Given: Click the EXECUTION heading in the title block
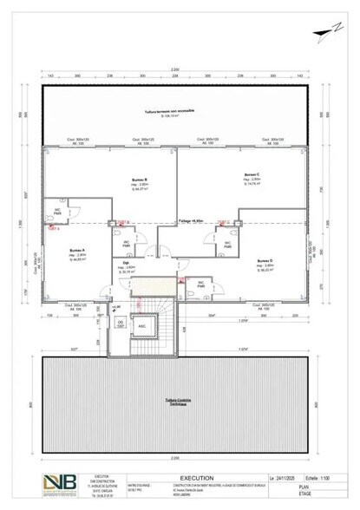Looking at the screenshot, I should [x=192, y=477].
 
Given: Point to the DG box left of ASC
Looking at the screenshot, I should [x=120, y=324].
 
